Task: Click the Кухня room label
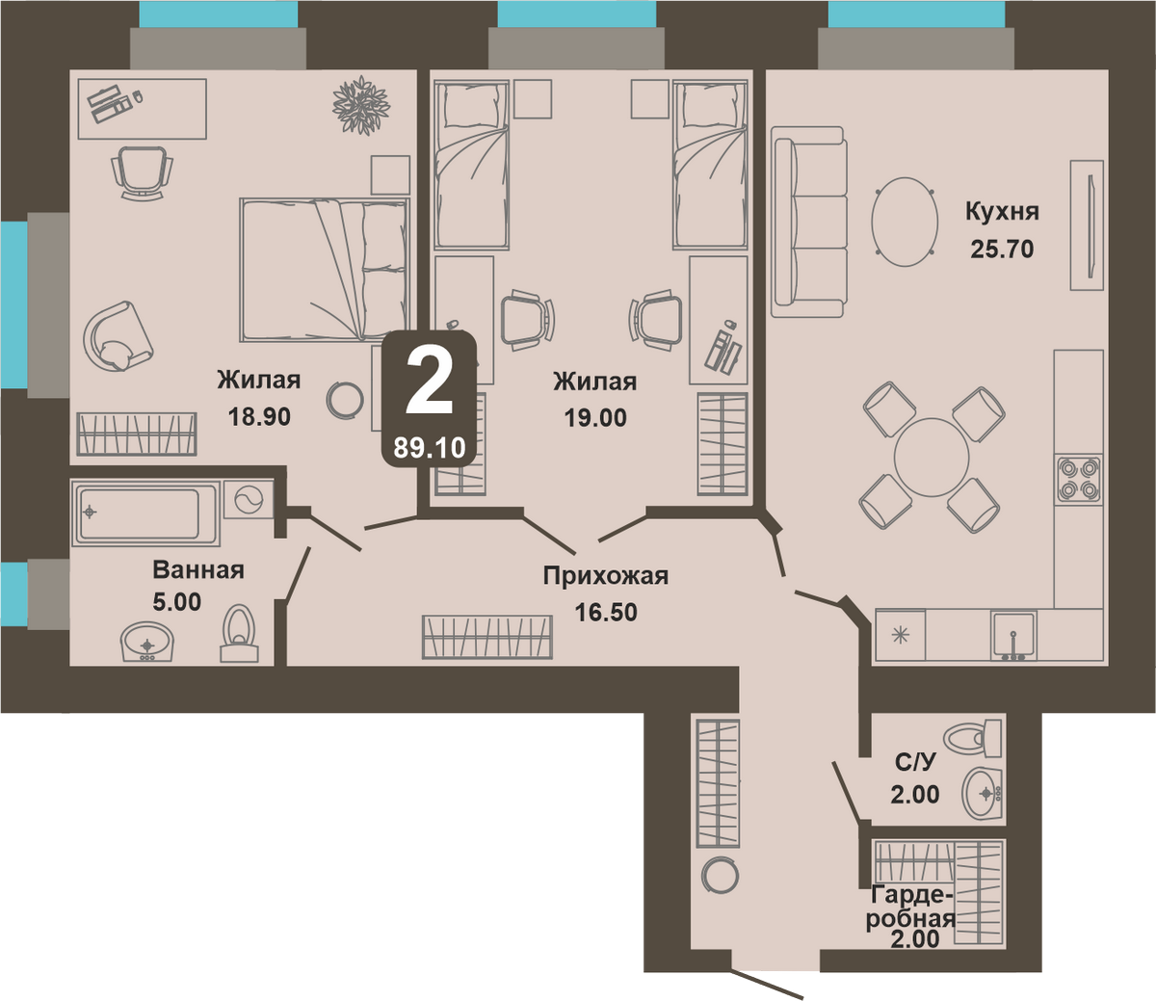(1002, 213)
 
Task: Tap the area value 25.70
(1002, 250)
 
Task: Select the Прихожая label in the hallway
(606, 576)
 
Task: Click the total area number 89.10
(429, 448)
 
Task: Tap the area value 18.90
(259, 416)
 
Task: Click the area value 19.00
(595, 418)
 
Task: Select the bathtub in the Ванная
(144, 513)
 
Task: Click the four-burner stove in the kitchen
(1078, 479)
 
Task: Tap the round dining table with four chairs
(932, 458)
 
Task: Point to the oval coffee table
(905, 222)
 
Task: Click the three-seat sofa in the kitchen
(808, 222)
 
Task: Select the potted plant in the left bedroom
(361, 106)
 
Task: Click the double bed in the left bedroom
(325, 269)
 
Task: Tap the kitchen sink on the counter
(1013, 636)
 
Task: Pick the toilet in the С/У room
(973, 737)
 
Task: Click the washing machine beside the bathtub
(249, 499)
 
